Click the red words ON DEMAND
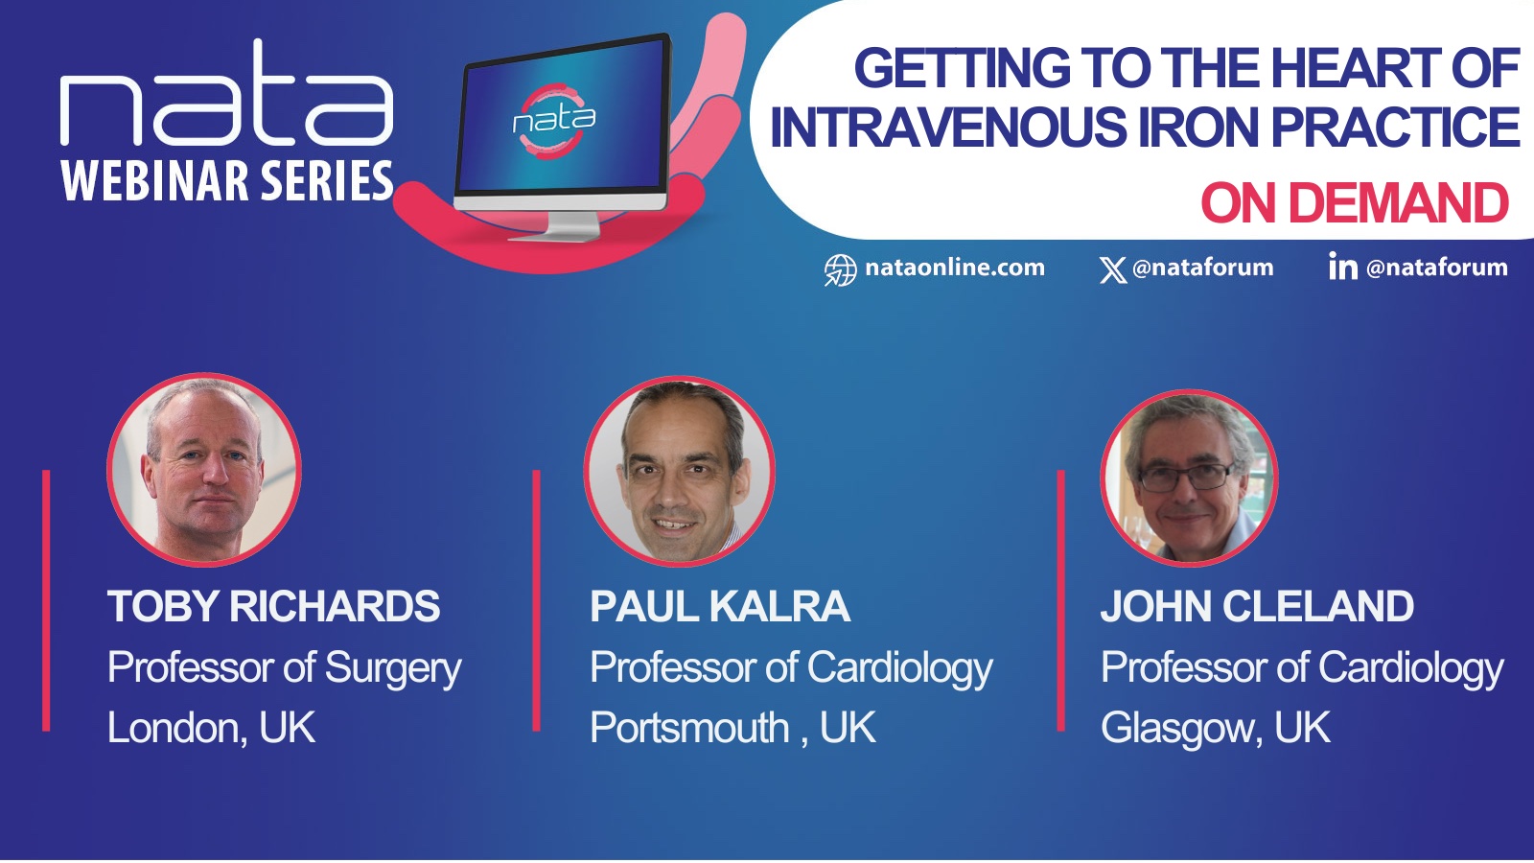[x=1355, y=203]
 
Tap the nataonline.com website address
[x=955, y=268]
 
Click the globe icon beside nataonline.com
[x=840, y=269]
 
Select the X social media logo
[x=1113, y=269]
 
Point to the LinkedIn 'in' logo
[x=1343, y=266]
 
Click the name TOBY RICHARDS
[x=273, y=606]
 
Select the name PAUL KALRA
[x=720, y=606]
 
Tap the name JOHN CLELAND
[x=1257, y=606]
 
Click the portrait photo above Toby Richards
[x=204, y=470]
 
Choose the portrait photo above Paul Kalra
[x=680, y=471]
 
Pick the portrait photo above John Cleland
[x=1190, y=478]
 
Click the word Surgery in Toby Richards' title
[x=393, y=667]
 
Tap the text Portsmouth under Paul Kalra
[x=689, y=728]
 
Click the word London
[x=173, y=728]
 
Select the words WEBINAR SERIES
[x=227, y=181]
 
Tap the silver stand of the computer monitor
[x=556, y=225]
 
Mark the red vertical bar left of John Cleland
[x=1060, y=600]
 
